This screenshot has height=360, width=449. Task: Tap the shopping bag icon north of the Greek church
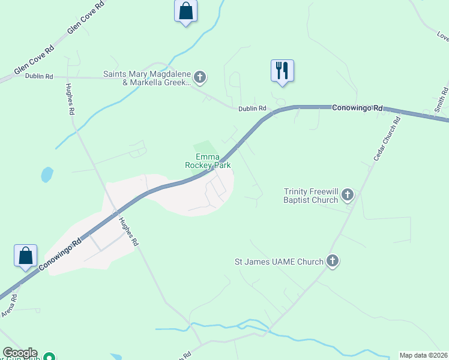[x=185, y=11]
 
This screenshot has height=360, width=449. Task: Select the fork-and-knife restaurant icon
[x=281, y=70]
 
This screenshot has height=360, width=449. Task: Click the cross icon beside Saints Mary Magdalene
[x=200, y=77]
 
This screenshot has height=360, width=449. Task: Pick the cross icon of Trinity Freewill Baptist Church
[x=347, y=194]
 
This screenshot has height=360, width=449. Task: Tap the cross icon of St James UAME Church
[x=333, y=261]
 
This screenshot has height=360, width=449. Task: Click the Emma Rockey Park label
[x=208, y=160]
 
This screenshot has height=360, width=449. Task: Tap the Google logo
[x=20, y=353]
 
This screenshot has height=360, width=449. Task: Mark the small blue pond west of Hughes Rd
[x=46, y=175]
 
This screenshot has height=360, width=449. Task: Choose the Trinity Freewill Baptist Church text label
[x=311, y=196]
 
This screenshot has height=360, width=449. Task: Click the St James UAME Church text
[x=279, y=262]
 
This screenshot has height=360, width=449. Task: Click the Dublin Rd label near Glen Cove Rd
[x=39, y=76]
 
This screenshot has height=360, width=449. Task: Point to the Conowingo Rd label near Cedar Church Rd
[x=358, y=108]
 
